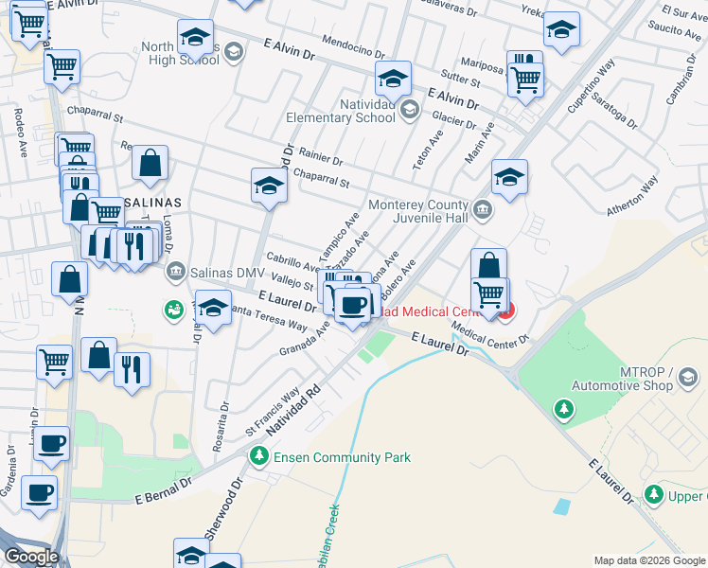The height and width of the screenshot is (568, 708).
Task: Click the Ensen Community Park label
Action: (x=342, y=457)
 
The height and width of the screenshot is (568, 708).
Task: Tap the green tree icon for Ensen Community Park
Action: (x=258, y=457)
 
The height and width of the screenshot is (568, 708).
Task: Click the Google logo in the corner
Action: (x=30, y=556)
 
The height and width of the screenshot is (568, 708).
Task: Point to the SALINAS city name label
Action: (x=153, y=204)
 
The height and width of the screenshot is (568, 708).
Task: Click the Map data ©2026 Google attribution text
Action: (x=648, y=560)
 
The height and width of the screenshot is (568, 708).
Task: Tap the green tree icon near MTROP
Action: (x=564, y=408)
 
